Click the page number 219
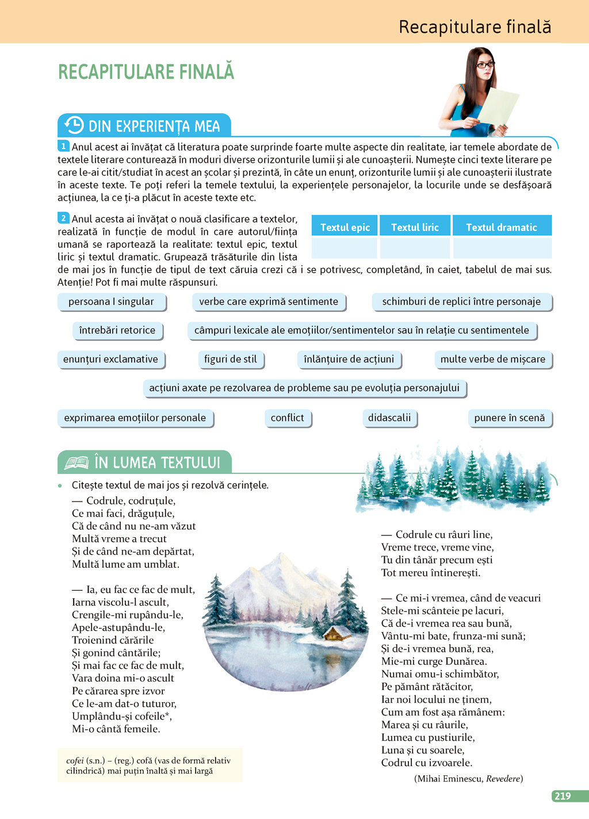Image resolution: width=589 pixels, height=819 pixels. point(563,796)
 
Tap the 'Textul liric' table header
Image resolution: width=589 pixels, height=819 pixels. point(415,227)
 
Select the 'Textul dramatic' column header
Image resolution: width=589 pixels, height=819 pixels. point(502,227)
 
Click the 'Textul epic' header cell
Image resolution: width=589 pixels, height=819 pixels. point(345,227)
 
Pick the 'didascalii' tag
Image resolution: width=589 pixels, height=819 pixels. point(389,418)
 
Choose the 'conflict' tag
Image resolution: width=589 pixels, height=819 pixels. point(287,418)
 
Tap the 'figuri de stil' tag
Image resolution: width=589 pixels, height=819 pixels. point(230,359)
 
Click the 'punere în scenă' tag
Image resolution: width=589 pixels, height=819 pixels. point(509,418)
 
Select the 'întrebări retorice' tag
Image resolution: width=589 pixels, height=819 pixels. point(117,330)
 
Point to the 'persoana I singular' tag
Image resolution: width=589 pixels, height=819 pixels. point(111,301)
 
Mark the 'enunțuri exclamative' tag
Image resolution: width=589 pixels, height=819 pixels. point(110,359)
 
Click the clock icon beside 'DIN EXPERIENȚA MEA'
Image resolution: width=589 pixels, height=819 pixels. point(74,125)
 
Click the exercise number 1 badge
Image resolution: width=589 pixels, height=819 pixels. point(63,146)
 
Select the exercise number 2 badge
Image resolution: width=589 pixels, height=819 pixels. point(63,218)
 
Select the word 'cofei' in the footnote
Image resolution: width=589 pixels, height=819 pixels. point(75,760)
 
